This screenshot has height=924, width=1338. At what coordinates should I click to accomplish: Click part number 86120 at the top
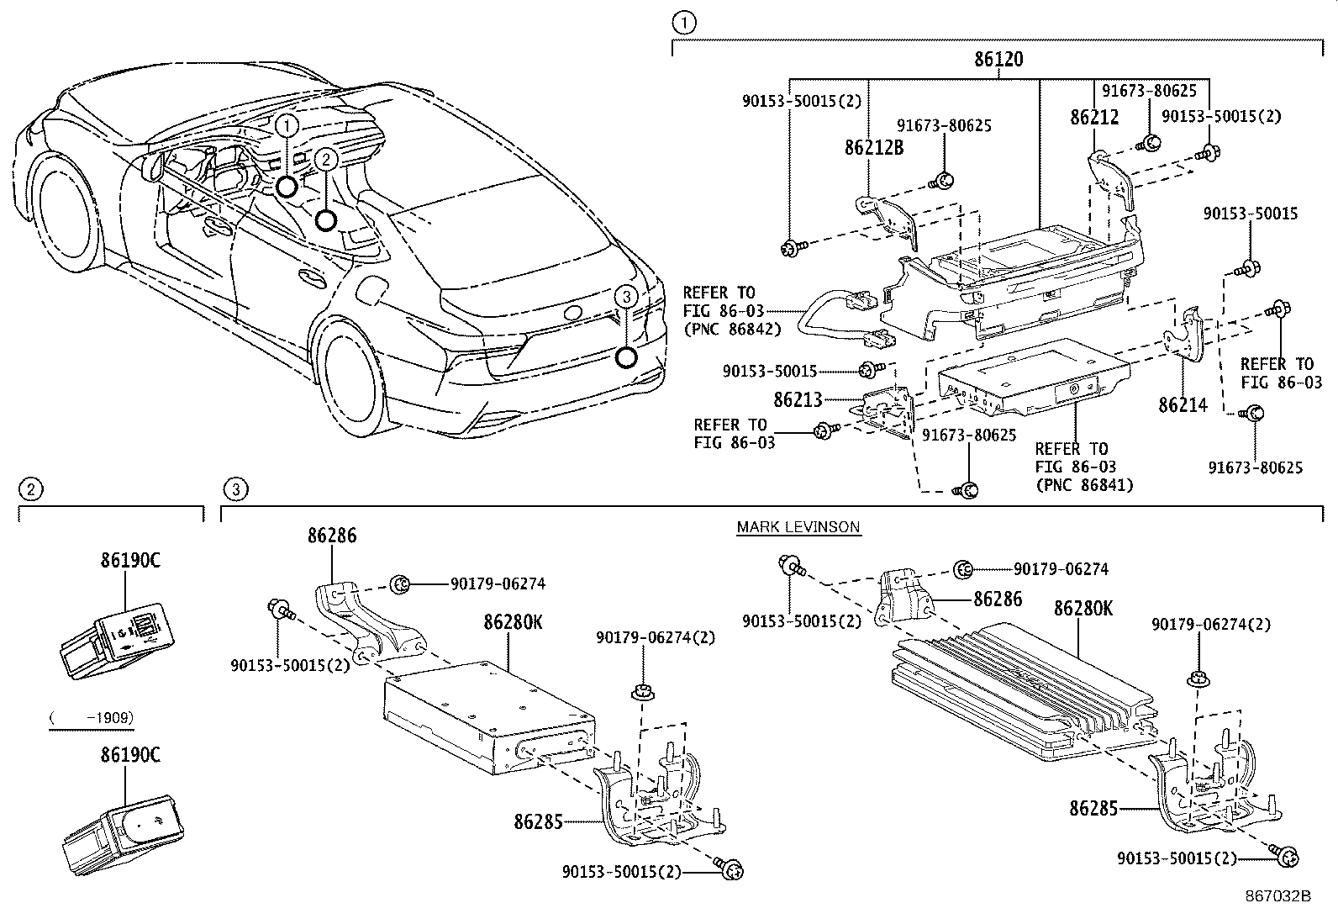click(998, 60)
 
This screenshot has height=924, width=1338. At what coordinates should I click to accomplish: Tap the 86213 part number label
click(798, 400)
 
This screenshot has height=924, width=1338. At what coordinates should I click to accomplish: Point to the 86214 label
click(1183, 405)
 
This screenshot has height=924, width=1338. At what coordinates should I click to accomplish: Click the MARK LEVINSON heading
click(798, 527)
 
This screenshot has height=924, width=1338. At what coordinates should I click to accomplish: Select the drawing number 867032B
click(1278, 895)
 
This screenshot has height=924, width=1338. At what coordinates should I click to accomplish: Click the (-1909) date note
click(91, 718)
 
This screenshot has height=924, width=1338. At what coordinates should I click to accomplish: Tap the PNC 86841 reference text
click(1084, 485)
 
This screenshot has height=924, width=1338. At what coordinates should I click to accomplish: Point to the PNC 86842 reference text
click(731, 330)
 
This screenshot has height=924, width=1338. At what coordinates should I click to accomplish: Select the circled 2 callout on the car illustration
click(326, 159)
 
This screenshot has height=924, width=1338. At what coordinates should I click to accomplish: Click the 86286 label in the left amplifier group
click(331, 536)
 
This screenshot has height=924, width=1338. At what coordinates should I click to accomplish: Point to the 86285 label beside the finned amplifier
click(1093, 809)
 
